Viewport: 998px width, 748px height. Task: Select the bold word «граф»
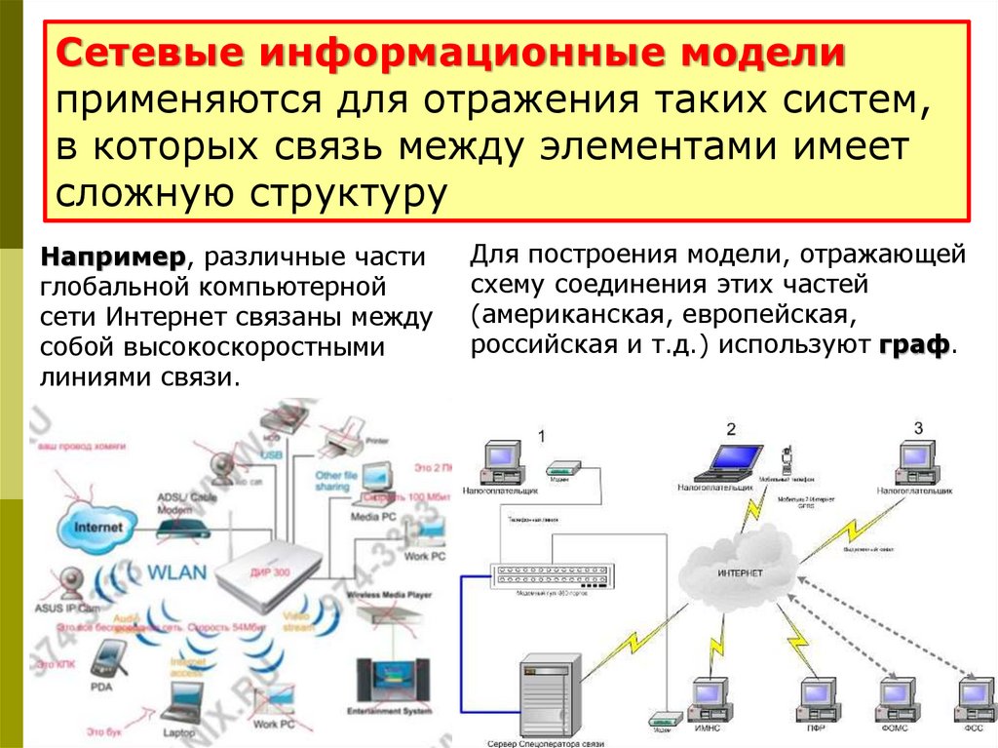[x=915, y=346]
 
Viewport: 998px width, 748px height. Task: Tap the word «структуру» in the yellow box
[x=342, y=192]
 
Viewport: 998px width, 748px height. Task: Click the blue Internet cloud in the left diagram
[x=98, y=527]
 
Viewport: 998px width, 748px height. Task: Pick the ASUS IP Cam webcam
[x=73, y=584]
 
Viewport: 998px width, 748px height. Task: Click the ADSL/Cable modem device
[x=181, y=527]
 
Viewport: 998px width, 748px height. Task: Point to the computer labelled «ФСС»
[x=973, y=697]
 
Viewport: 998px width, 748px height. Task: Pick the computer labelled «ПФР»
[x=808, y=697]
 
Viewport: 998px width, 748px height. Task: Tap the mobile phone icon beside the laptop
[x=785, y=457]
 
